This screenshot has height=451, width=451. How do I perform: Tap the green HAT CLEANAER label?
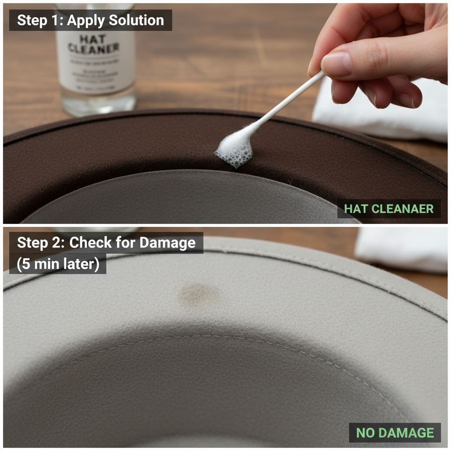tap(389, 209)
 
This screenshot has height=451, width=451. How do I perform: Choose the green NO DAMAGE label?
tap(395, 433)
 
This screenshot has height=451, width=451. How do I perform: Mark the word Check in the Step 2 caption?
tap(89, 243)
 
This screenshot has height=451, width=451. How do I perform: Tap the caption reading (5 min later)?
tap(58, 264)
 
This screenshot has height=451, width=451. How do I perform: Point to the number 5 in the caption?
tap(26, 264)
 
